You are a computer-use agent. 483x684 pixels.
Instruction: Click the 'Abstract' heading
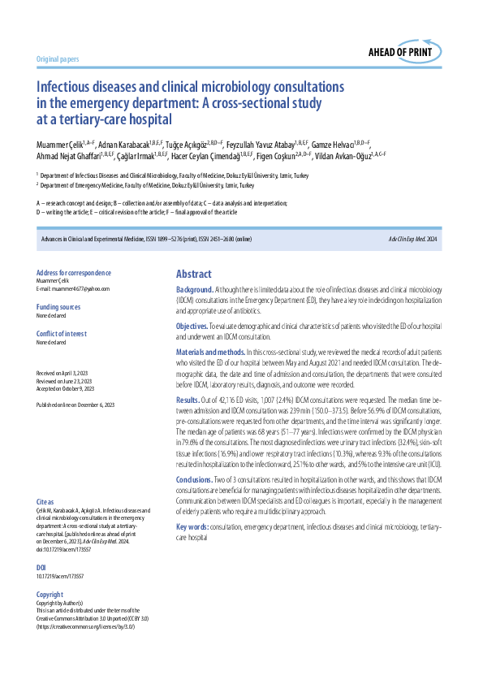point(193,275)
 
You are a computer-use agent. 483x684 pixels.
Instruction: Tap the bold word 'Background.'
point(196,290)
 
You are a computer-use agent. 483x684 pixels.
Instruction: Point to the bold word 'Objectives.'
point(194,326)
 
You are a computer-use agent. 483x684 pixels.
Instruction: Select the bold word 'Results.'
point(188,400)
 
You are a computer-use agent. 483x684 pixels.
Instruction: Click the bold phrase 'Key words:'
point(192,527)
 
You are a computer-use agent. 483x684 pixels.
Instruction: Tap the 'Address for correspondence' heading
point(74,273)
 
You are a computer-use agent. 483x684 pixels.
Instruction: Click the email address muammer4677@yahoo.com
point(73,288)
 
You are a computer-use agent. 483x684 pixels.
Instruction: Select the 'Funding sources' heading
point(59,306)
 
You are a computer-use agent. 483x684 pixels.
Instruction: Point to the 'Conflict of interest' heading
point(64,332)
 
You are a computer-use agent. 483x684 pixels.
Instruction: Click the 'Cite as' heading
point(46,479)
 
